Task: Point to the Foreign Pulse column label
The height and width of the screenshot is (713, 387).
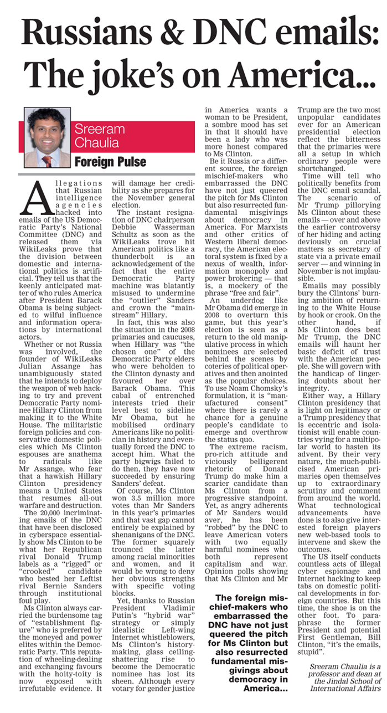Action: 110,162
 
